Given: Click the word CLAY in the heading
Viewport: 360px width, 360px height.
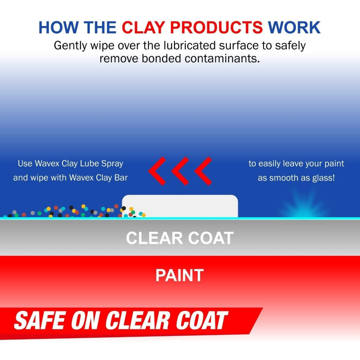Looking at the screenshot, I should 145,27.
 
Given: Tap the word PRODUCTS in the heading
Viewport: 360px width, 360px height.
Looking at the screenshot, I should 218,27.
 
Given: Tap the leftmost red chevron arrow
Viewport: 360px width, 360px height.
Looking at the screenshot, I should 157,171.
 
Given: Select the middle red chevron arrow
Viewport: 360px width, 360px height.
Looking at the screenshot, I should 180,171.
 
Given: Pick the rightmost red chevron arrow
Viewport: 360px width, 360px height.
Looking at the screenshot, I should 203,171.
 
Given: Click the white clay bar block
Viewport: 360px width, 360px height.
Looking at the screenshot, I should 180,206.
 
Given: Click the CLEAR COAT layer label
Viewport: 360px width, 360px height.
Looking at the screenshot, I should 180,238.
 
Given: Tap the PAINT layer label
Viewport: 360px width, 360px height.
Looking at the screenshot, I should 180,275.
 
